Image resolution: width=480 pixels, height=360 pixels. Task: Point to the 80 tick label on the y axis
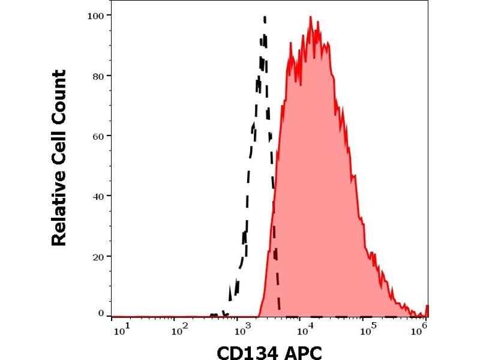pos(98,76)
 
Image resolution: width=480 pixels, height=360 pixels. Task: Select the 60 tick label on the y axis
pos(98,136)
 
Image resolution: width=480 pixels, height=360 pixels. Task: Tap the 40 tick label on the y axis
pos(98,196)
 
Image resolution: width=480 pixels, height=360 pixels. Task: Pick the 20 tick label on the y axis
pos(98,256)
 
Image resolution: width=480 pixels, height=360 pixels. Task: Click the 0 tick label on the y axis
pos(101,313)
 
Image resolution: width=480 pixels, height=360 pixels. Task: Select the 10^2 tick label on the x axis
pos(179,329)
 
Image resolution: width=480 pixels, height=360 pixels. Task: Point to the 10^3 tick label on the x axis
pos(242,329)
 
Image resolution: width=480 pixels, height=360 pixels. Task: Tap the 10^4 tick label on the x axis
pos(305,329)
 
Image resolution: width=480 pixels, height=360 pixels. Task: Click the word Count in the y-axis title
pos(59,96)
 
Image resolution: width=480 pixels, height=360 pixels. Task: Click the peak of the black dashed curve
pos(265,17)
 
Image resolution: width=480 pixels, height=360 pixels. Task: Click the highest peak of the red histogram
pos(310,17)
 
